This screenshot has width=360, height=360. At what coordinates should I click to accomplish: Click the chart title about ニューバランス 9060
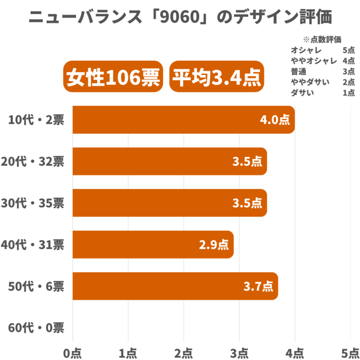click(x=180, y=17)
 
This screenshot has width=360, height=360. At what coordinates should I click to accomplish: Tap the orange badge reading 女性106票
click(x=113, y=76)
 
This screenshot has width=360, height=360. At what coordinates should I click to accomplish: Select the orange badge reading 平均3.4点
click(x=216, y=76)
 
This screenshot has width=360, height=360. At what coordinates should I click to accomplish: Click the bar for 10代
click(x=184, y=120)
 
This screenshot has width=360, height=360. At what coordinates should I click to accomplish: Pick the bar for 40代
click(x=153, y=244)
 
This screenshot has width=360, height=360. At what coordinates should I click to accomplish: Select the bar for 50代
click(x=175, y=286)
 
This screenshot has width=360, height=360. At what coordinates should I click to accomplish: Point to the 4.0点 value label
click(x=275, y=120)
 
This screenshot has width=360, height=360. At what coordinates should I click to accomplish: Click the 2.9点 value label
click(x=214, y=245)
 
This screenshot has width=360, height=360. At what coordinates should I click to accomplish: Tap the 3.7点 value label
click(x=258, y=286)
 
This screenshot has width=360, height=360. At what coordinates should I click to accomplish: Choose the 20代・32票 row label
click(x=32, y=162)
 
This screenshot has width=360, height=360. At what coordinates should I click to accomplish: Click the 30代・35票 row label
click(x=32, y=203)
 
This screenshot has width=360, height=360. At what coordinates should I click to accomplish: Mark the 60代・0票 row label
click(x=36, y=328)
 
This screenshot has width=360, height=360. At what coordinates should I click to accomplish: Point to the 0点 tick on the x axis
click(x=72, y=354)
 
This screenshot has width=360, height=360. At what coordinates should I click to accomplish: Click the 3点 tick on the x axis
click(x=239, y=354)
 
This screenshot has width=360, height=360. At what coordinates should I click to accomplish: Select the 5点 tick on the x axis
click(x=351, y=354)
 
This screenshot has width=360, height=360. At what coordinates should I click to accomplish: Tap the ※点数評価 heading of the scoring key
click(x=322, y=40)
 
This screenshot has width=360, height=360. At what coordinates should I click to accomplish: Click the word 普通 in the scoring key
click(x=298, y=72)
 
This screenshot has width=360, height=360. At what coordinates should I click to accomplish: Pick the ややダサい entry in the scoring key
click(x=310, y=82)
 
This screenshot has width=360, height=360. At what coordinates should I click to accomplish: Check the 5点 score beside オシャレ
click(x=349, y=50)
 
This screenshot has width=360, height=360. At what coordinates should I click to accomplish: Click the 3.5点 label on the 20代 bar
click(x=247, y=162)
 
